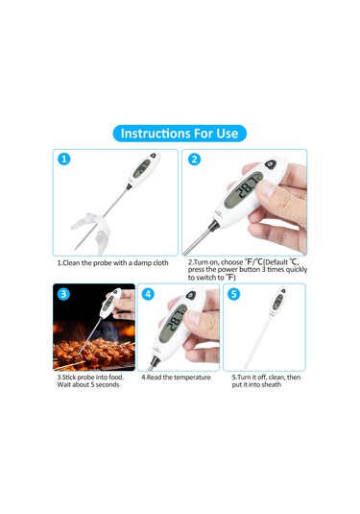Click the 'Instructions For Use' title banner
(180, 133)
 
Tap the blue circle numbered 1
(64, 160)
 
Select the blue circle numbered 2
(195, 160)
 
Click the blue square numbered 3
(63, 294)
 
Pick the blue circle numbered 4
(150, 294)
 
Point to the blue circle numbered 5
(234, 294)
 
